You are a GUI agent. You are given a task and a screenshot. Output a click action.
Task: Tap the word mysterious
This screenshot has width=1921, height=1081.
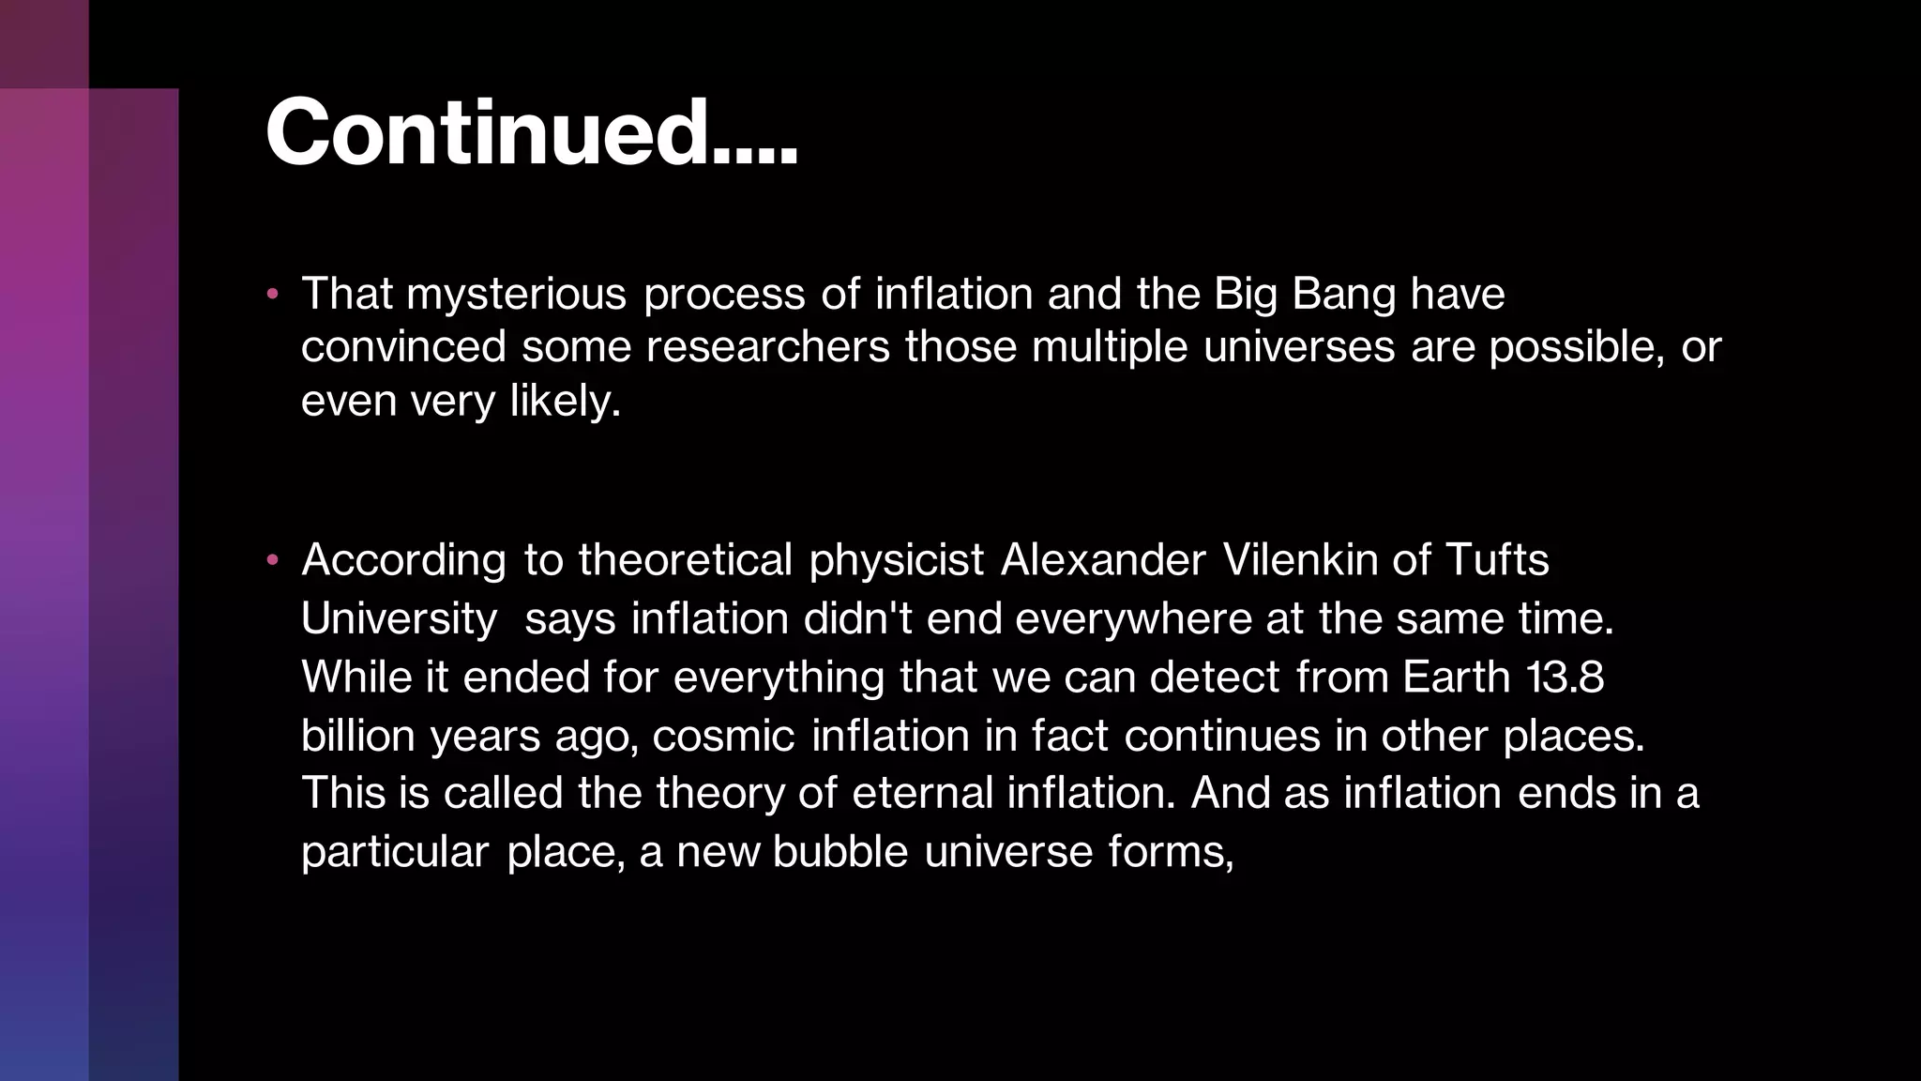516,295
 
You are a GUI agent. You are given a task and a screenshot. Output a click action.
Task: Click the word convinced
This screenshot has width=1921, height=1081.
403,347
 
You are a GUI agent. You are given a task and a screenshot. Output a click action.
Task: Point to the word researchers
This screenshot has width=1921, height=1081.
767,347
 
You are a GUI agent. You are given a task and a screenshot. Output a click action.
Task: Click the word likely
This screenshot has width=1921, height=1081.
565,402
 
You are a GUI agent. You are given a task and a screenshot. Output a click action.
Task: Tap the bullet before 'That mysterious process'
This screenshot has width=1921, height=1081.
272,295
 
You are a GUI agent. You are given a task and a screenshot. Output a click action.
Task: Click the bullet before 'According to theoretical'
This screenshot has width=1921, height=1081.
272,560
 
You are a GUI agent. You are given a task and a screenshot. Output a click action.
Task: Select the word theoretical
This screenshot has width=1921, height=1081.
685,560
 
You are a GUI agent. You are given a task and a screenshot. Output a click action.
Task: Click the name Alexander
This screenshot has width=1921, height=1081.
1103,560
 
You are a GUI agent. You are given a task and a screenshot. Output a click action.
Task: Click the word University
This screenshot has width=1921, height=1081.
399,619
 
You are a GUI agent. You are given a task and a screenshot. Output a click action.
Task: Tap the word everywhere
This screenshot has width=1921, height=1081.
1133,619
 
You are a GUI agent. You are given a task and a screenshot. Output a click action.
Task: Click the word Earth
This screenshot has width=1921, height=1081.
1457,678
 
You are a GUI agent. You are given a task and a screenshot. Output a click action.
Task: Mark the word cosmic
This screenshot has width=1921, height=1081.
724,736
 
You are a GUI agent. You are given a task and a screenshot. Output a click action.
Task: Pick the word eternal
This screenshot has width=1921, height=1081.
922,794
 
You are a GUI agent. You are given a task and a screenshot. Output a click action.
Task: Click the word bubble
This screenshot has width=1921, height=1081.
840,852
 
